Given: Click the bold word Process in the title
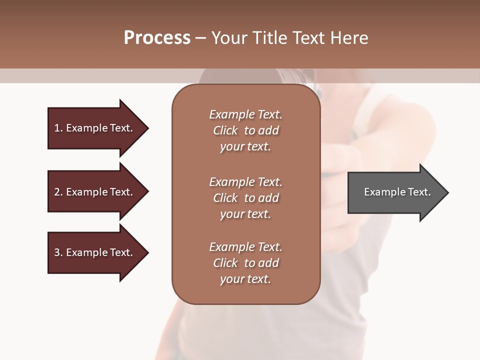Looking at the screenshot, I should click(x=157, y=38).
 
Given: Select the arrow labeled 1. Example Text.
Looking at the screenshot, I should click(x=95, y=128).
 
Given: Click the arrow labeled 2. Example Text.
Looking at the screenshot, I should click(x=95, y=192).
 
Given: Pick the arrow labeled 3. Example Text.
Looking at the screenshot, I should click(x=95, y=252).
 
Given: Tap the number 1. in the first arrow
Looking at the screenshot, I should click(x=58, y=128).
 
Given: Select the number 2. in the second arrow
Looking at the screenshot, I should click(x=58, y=192).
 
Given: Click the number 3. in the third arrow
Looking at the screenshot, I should click(x=58, y=252).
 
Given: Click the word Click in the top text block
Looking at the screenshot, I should click(x=225, y=130).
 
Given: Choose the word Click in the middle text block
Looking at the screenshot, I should click(x=225, y=198).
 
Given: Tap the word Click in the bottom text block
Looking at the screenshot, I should click(x=225, y=263).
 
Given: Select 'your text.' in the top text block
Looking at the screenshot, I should click(x=245, y=147).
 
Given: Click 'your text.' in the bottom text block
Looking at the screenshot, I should click(x=245, y=279).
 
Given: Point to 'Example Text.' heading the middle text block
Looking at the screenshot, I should click(x=245, y=182).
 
